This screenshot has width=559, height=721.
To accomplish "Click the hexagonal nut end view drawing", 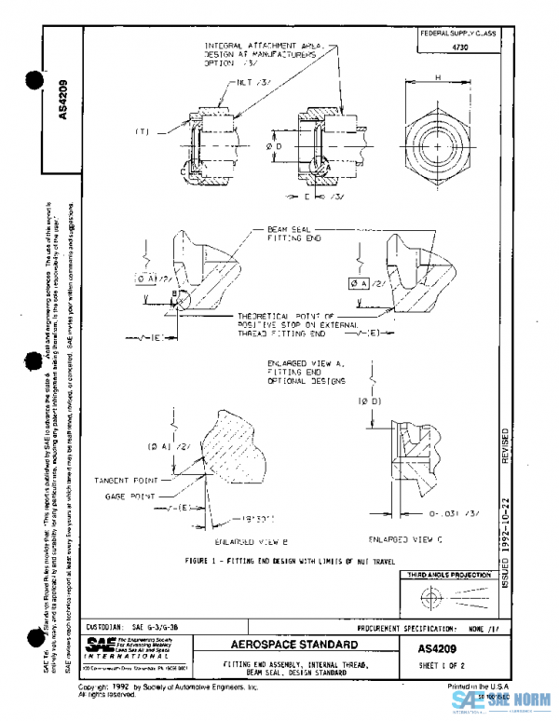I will coord(438,144).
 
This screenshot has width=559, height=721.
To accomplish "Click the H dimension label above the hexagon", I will coord(437,79).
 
